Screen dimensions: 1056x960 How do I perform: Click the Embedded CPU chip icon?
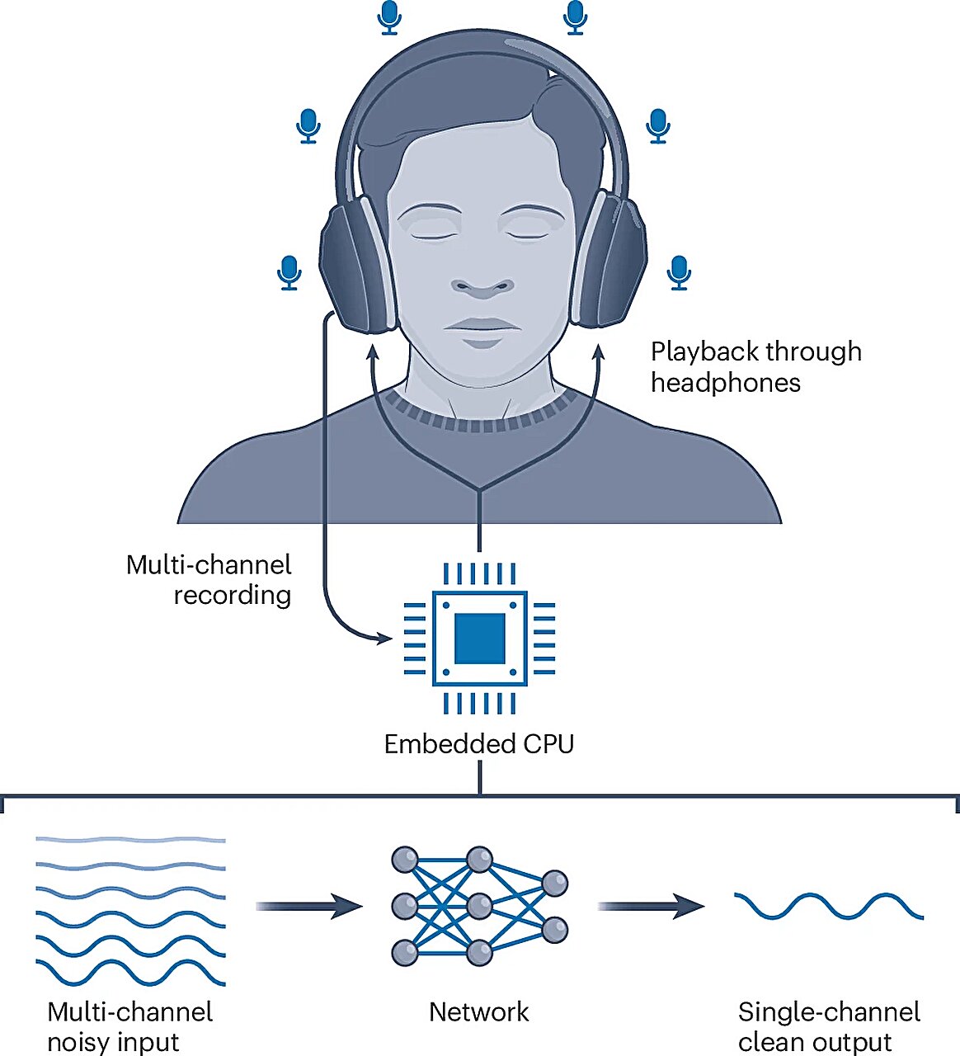tap(480, 638)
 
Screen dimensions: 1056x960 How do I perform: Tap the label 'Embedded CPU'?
tap(479, 744)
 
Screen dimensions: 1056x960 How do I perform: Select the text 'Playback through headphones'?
tap(755, 367)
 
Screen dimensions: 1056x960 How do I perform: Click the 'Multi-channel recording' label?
tap(209, 580)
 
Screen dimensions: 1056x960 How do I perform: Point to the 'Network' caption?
tap(479, 1012)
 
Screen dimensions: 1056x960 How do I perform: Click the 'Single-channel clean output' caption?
tap(828, 1026)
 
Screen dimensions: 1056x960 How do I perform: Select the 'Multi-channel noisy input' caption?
tap(130, 1026)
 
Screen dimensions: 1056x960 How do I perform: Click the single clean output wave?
tap(828, 906)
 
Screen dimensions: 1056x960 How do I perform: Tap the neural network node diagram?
tap(479, 906)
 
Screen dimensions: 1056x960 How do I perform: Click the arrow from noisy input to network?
tap(309, 906)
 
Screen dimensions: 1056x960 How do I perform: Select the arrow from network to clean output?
tap(651, 906)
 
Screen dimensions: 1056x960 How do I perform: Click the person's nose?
tap(482, 285)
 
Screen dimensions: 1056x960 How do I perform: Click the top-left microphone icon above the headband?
tap(389, 16)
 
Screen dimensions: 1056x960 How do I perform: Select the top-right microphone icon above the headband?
tap(576, 16)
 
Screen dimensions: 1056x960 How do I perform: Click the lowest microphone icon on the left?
tap(289, 272)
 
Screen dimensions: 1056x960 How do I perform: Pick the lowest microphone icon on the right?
tap(679, 272)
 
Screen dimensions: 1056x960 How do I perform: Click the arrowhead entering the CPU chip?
tap(384, 638)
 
